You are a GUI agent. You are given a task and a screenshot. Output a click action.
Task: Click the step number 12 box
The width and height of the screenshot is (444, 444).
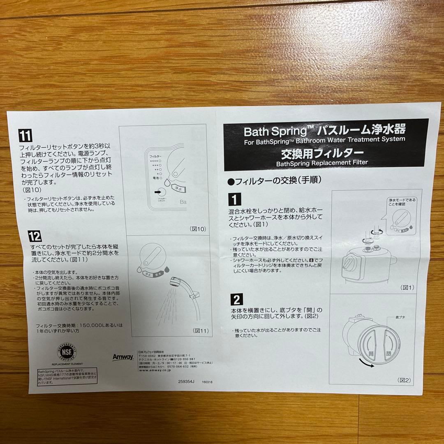(35, 236)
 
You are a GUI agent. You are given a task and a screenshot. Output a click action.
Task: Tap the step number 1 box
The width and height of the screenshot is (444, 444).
(235, 199)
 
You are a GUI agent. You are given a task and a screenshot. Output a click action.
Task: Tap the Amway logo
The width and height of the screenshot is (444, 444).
(123, 357)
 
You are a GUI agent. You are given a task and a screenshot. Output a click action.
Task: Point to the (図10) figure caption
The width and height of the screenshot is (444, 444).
(197, 229)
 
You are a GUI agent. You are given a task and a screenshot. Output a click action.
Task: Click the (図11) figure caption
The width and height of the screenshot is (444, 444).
(200, 330)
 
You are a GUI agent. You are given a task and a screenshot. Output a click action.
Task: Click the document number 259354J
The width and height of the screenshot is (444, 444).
(186, 381)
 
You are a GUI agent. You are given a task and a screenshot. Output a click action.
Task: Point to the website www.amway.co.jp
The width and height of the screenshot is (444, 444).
(155, 370)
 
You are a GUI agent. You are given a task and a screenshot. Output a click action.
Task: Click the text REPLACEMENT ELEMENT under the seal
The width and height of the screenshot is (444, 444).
(67, 364)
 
